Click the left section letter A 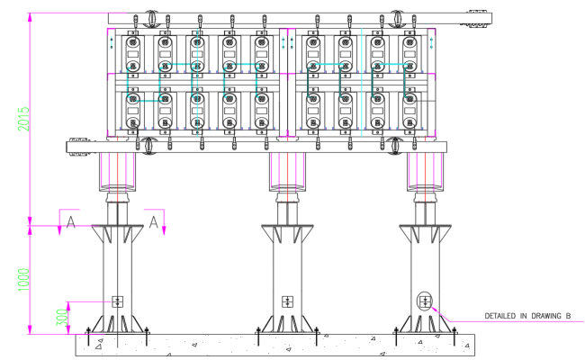point(70,222)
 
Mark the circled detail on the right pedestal point(425,301)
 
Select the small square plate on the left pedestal point(115,301)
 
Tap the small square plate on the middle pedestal point(287,301)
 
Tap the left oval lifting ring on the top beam point(148,18)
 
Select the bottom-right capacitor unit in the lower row point(410,109)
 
